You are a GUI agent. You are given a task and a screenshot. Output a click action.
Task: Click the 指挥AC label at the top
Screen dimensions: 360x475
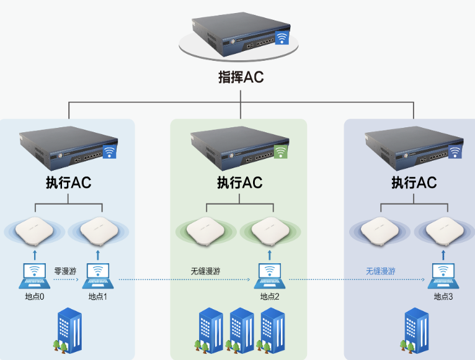(241, 77)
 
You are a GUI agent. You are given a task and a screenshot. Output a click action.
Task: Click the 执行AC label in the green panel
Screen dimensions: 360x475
(239, 183)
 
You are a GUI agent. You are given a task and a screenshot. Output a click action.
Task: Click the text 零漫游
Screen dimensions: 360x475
(66, 271)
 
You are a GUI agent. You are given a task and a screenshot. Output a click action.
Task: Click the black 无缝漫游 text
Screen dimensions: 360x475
(205, 271)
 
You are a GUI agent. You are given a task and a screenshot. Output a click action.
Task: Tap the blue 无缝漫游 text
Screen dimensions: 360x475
(380, 271)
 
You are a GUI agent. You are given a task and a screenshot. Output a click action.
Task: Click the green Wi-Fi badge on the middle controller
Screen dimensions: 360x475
(281, 151)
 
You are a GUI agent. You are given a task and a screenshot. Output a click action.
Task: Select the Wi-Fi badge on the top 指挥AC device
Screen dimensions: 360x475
(282, 38)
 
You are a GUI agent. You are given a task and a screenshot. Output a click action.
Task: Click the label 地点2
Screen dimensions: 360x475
(270, 297)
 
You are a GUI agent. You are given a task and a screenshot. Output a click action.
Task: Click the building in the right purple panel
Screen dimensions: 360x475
(416, 329)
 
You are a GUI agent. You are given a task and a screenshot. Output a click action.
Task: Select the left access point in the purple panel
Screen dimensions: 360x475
(379, 231)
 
